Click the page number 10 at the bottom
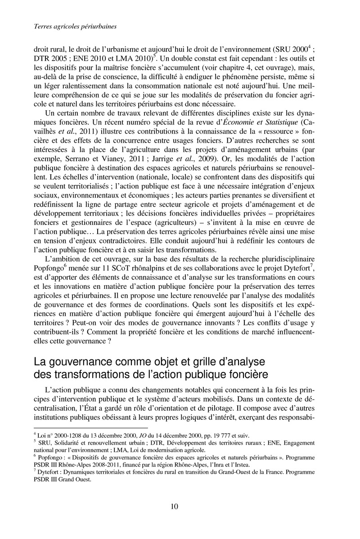coord(175,507)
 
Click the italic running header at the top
coord(76,27)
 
